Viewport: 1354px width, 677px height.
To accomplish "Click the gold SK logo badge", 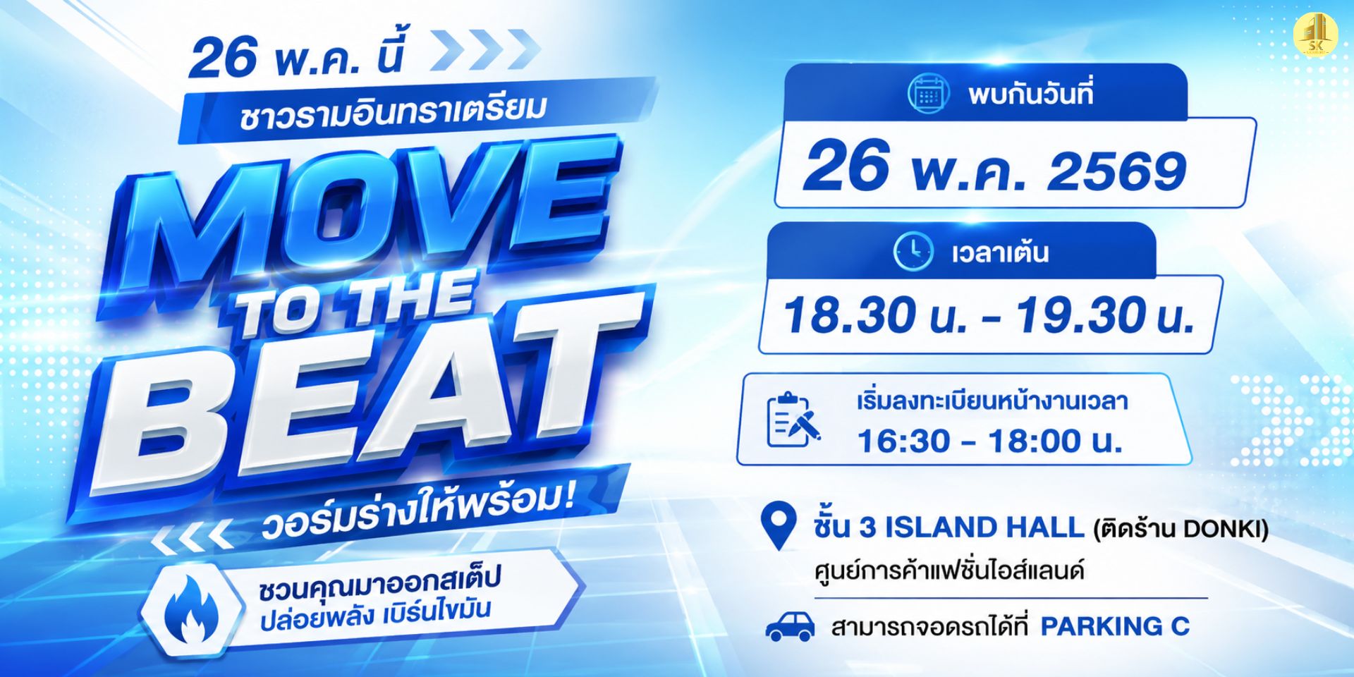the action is [1316, 34].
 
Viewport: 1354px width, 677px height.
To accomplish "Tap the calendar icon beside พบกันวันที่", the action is [928, 94].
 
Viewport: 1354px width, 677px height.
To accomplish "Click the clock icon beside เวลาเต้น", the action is [913, 251].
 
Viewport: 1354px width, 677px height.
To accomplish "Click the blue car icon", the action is [790, 626].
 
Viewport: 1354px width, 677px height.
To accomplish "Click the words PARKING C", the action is [1115, 626].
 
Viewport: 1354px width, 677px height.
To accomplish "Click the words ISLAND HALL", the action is [984, 527].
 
